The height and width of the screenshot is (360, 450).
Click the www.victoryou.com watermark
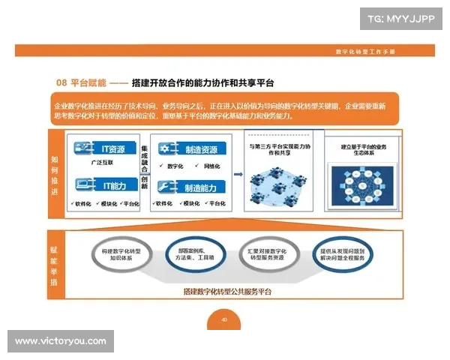point(60,341)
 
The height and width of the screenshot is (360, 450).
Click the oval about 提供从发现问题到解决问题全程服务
point(342,253)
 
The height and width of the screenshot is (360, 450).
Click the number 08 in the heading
point(62,81)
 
